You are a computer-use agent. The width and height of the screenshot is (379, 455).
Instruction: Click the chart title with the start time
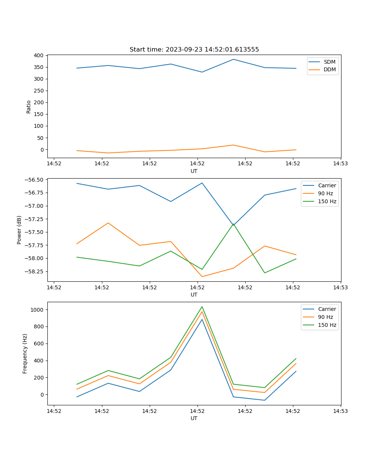pyautogui.click(x=194, y=50)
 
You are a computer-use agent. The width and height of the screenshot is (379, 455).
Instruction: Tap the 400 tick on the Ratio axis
pyautogui.click(x=38, y=55)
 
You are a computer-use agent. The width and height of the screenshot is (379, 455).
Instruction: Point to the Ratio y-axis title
pyautogui.click(x=29, y=107)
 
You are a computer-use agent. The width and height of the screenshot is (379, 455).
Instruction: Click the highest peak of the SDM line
pyautogui.click(x=233, y=59)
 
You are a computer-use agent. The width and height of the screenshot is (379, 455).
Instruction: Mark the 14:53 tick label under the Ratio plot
pyautogui.click(x=340, y=164)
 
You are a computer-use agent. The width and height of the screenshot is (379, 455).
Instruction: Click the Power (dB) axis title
pyautogui.click(x=19, y=230)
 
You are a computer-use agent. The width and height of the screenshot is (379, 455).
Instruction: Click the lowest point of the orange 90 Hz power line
pyautogui.click(x=202, y=276)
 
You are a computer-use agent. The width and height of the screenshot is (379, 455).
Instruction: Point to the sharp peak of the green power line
pyautogui.click(x=233, y=224)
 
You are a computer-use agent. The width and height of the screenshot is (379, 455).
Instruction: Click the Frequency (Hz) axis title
pyautogui.click(x=25, y=353)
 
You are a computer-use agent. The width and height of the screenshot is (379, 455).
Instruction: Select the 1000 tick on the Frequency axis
pyautogui.click(x=37, y=310)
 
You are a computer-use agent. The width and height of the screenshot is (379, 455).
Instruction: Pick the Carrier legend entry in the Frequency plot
pyautogui.click(x=327, y=309)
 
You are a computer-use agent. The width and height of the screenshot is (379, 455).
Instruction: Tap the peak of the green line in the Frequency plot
pyautogui.click(x=202, y=307)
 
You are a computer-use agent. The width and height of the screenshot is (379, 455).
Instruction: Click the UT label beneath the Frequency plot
pyautogui.click(x=194, y=418)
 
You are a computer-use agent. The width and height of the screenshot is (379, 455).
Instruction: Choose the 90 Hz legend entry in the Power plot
pyautogui.click(x=325, y=193)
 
